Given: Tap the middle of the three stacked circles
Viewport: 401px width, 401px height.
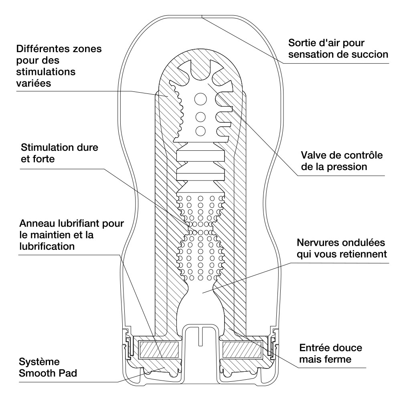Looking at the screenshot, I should pyautogui.click(x=200, y=117).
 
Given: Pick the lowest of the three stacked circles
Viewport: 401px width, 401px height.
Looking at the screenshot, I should pyautogui.click(x=200, y=131).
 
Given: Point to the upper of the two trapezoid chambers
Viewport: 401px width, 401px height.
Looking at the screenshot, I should pyautogui.click(x=200, y=156).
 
